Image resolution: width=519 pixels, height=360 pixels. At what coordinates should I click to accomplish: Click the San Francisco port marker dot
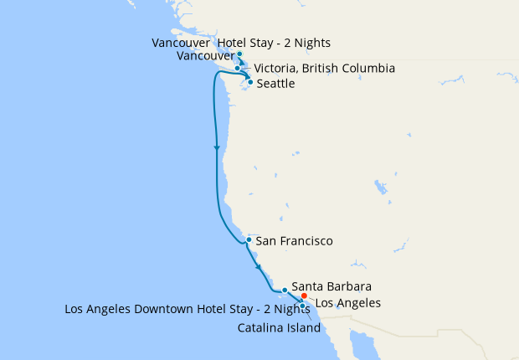(249, 239)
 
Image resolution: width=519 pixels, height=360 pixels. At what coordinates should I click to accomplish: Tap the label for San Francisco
(294, 241)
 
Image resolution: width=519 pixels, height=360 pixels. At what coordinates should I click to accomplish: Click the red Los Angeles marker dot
(304, 296)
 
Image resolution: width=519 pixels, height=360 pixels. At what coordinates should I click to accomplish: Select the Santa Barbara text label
(331, 286)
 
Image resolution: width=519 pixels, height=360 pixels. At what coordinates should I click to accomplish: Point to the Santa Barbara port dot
(285, 290)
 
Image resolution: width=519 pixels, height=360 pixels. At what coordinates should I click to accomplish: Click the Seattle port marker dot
(250, 82)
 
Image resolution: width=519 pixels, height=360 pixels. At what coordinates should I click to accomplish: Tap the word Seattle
(275, 84)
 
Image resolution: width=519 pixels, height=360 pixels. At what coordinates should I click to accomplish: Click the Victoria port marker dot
(238, 68)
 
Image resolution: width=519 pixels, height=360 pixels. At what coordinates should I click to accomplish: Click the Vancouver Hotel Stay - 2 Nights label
(242, 43)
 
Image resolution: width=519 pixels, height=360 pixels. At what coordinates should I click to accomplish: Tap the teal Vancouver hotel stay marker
(239, 54)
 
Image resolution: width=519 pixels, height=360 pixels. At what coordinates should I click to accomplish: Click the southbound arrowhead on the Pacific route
(218, 148)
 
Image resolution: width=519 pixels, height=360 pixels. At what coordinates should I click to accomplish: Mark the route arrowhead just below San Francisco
(259, 267)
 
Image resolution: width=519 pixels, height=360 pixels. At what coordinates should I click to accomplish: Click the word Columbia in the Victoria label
(367, 68)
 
